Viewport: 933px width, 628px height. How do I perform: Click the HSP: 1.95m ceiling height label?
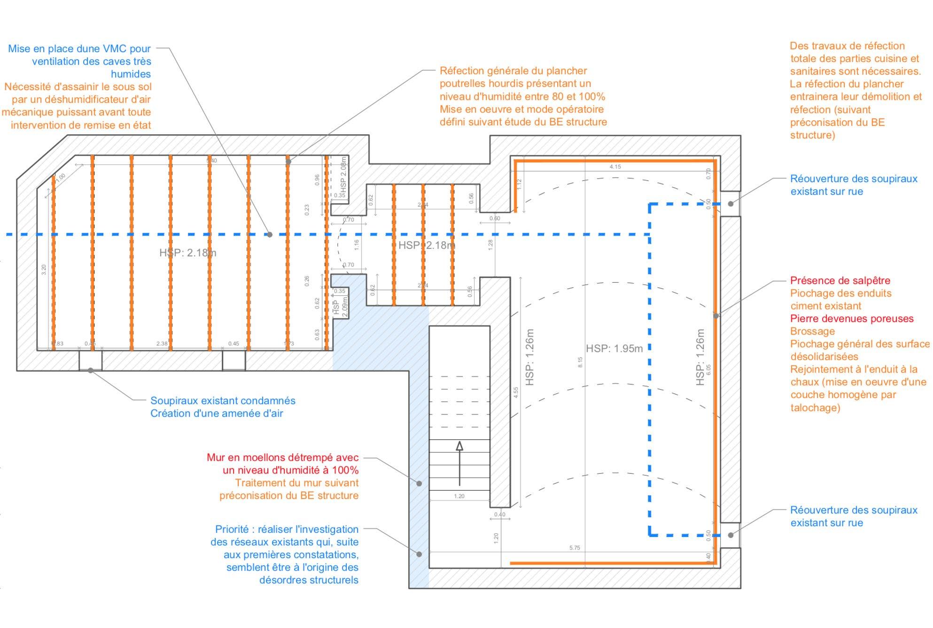pos(614,348)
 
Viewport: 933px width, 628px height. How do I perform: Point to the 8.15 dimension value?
pos(580,362)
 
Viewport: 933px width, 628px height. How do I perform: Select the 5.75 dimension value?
pos(575,548)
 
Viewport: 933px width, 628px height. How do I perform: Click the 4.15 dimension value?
pos(615,167)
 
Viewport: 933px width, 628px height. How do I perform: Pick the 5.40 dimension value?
pos(211,161)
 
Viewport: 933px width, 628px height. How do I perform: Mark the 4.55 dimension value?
pos(516,392)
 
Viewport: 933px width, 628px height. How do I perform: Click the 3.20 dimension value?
pos(44,270)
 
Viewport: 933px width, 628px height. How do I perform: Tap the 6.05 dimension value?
pos(708,369)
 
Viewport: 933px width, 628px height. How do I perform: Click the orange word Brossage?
pos(812,331)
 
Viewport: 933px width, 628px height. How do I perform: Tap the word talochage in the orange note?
pos(815,407)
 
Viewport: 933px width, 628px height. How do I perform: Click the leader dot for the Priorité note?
pos(419,554)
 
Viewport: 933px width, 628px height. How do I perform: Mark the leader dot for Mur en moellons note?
pos(419,483)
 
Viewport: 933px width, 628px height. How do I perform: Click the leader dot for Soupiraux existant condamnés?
pos(90,370)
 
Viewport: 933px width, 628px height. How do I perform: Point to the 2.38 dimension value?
pos(162,344)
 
